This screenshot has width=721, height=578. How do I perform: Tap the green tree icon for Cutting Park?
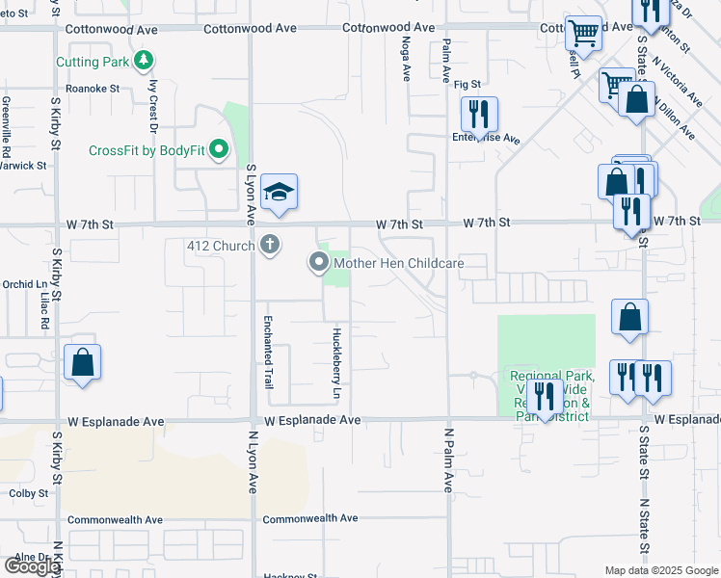[144, 62]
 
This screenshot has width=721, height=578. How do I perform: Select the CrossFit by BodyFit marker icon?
[219, 150]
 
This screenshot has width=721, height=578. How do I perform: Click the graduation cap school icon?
[279, 192]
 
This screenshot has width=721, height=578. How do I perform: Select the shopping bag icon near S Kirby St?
[83, 363]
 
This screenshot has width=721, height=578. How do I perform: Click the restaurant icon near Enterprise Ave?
[478, 115]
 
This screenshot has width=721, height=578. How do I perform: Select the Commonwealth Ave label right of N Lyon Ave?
[310, 518]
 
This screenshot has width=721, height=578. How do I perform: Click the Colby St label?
[29, 493]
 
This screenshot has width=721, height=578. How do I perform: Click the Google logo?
[32, 566]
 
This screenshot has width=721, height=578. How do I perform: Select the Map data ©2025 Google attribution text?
[661, 570]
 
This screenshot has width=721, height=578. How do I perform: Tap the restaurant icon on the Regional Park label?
[545, 397]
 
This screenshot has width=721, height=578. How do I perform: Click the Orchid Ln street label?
[24, 284]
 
